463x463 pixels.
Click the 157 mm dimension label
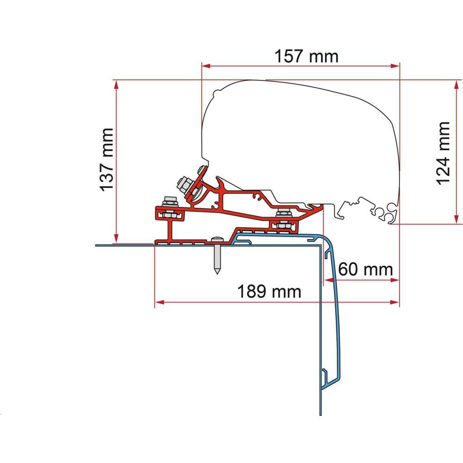tap(307, 56)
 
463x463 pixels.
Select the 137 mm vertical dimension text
tap(107, 159)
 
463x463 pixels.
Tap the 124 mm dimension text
tap(443, 153)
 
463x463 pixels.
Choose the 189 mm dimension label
tap(269, 292)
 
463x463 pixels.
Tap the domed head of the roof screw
tap(216, 239)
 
